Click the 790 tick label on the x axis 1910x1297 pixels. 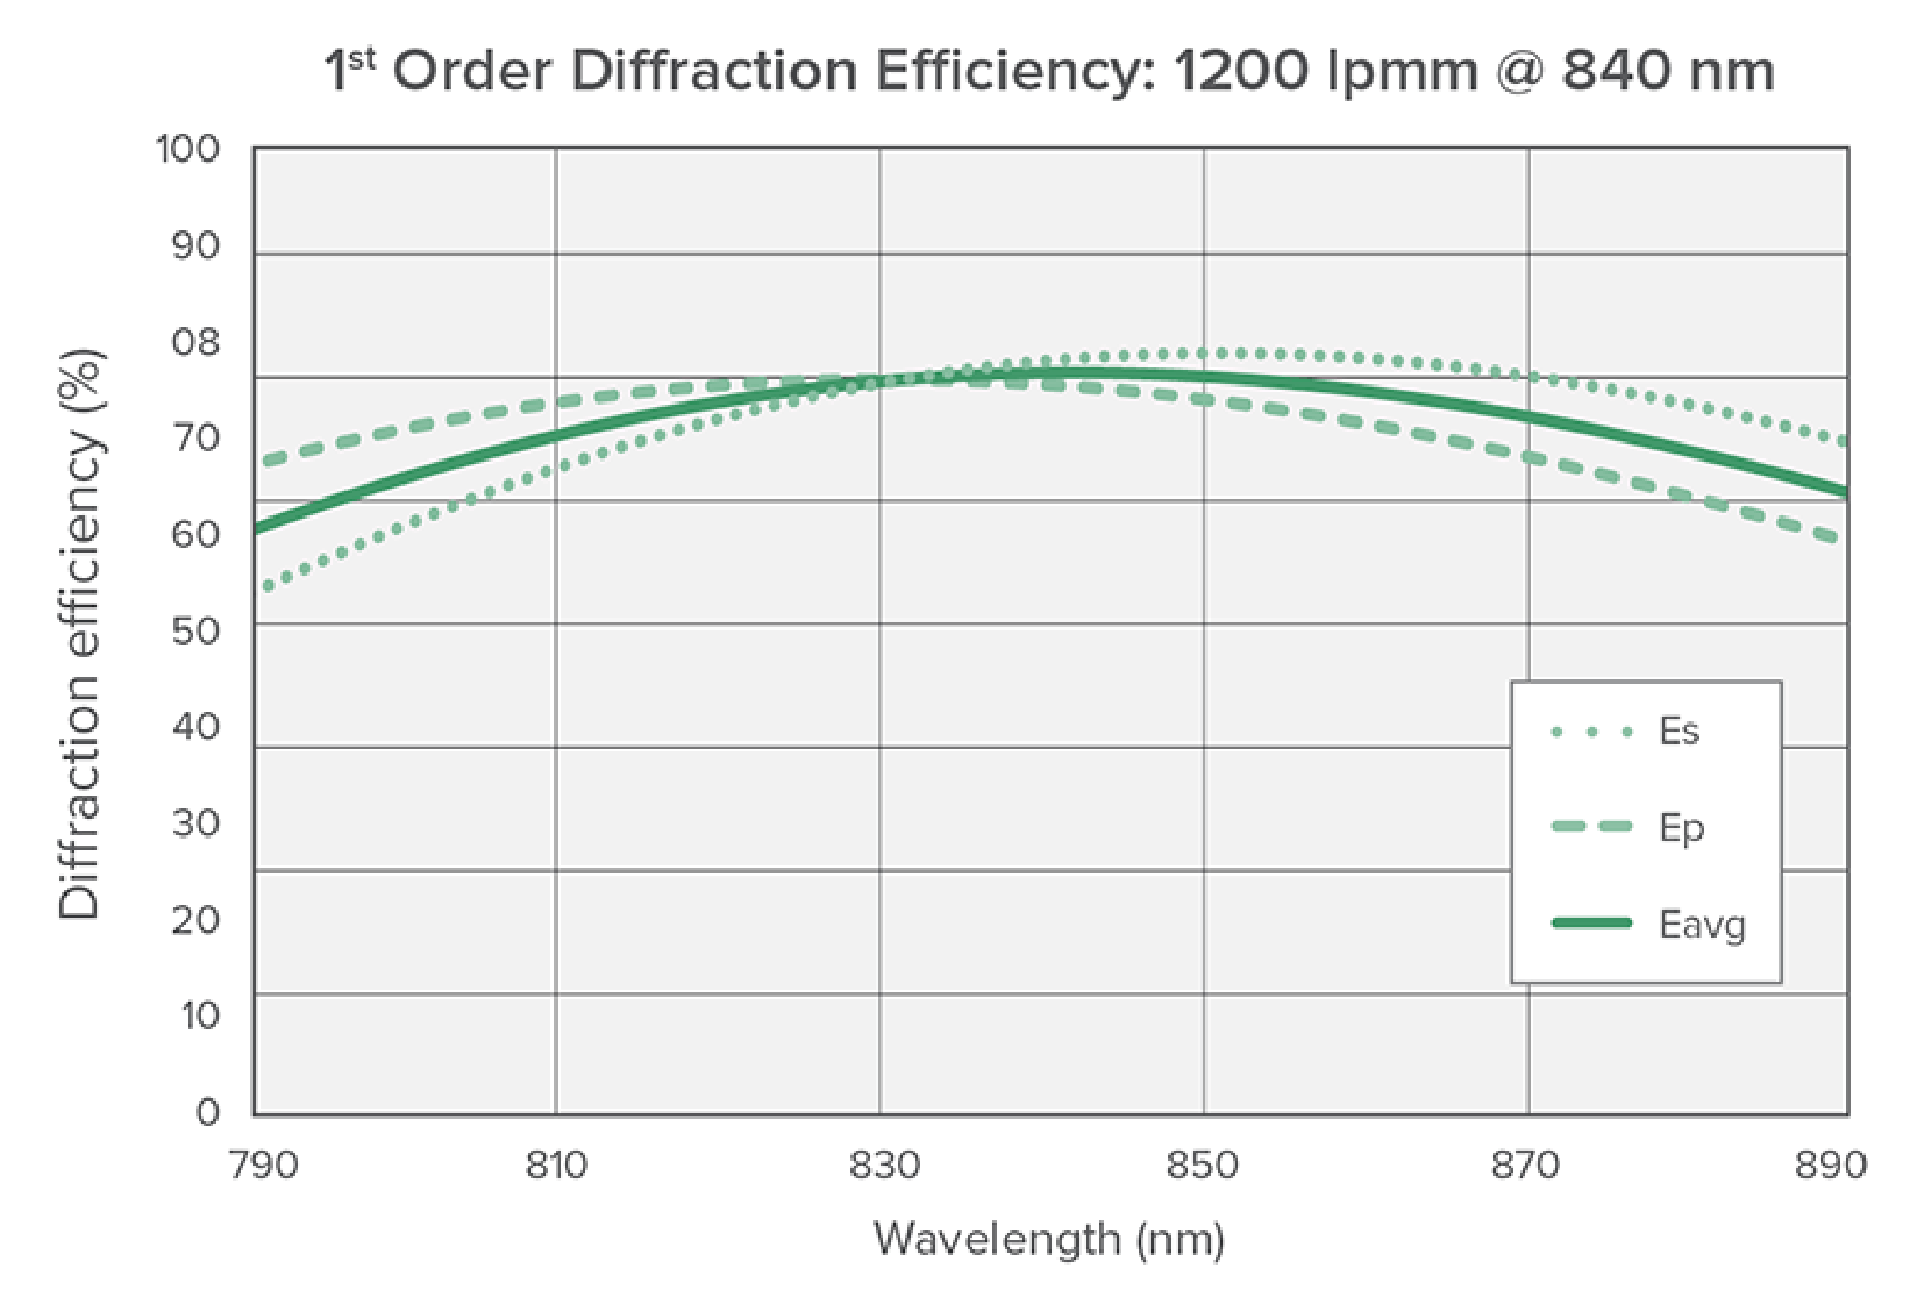tap(263, 1166)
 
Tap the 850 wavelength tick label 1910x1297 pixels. tap(1202, 1166)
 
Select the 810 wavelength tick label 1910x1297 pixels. tap(556, 1166)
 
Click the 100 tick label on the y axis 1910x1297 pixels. tap(188, 150)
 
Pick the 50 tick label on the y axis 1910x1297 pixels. tap(196, 631)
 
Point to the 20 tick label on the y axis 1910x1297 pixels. tap(196, 920)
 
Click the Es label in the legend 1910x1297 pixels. tap(1678, 731)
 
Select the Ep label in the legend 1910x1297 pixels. tap(1681, 828)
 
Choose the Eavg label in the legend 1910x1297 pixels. tap(1701, 925)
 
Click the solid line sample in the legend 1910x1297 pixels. tap(1591, 923)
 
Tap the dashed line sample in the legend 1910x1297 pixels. tap(1591, 826)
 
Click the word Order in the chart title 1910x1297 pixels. tap(472, 71)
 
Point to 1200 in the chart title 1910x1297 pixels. tap(1241, 71)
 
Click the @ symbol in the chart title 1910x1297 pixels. tap(1519, 71)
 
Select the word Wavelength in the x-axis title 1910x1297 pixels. tap(995, 1238)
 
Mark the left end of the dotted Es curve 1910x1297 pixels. tap(267, 587)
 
